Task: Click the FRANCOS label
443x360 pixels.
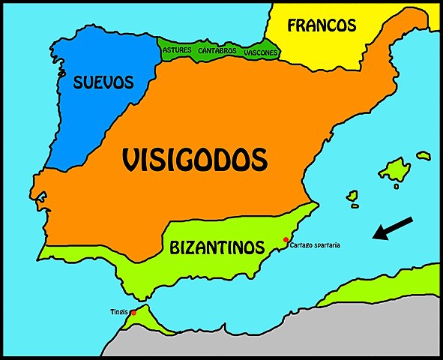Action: [x=322, y=25]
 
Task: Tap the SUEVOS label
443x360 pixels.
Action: [x=103, y=82]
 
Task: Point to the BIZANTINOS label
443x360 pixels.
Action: [x=217, y=246]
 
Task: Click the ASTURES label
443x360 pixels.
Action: [x=177, y=50]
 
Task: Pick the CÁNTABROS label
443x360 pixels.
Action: [x=217, y=50]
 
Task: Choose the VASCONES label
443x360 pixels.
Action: [x=261, y=52]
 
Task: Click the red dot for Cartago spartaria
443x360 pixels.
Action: [x=285, y=240]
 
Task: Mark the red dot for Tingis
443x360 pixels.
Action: [x=133, y=313]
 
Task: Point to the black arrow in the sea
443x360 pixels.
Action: [x=393, y=228]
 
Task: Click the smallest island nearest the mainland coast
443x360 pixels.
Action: [x=352, y=196]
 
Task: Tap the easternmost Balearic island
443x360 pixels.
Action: [x=424, y=156]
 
